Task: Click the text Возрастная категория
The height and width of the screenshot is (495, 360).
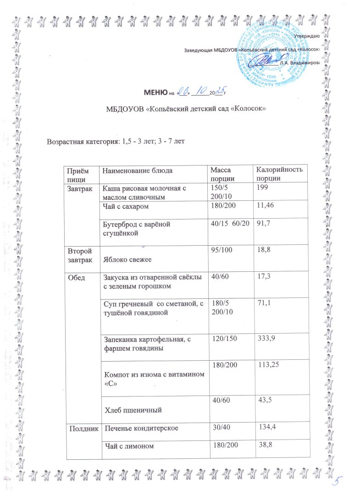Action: coord(81,140)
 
